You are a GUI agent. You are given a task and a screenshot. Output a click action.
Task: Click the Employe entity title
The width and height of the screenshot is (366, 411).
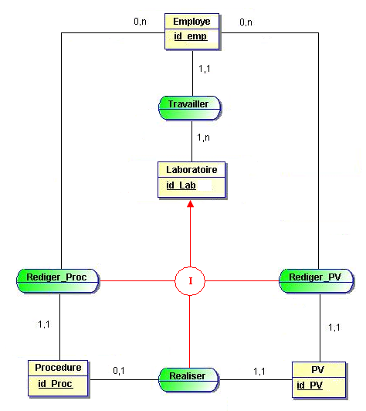click(191, 21)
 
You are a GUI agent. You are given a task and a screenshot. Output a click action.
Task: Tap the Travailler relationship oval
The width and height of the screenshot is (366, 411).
click(189, 106)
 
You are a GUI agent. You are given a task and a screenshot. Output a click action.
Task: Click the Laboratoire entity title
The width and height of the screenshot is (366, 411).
click(191, 169)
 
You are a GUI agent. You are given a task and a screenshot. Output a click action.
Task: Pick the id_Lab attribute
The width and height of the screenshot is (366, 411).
click(181, 185)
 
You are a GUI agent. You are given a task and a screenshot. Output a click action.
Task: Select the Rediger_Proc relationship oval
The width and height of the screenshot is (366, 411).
click(57, 277)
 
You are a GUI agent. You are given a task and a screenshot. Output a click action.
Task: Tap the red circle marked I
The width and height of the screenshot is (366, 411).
click(191, 280)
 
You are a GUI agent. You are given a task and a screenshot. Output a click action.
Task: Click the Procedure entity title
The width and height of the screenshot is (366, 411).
click(59, 367)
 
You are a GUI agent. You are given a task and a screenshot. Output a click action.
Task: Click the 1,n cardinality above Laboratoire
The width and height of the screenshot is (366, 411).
click(205, 138)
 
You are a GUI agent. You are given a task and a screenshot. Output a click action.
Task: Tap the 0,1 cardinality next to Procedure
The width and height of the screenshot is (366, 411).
click(119, 371)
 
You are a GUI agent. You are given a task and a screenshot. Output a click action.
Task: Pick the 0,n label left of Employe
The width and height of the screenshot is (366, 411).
click(140, 22)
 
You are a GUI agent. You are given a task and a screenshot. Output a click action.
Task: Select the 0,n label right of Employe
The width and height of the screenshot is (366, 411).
click(246, 22)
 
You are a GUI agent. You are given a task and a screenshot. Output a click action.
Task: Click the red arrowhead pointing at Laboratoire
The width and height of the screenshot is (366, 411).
click(191, 202)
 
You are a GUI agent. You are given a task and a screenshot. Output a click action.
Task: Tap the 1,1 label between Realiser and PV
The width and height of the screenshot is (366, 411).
click(260, 372)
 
